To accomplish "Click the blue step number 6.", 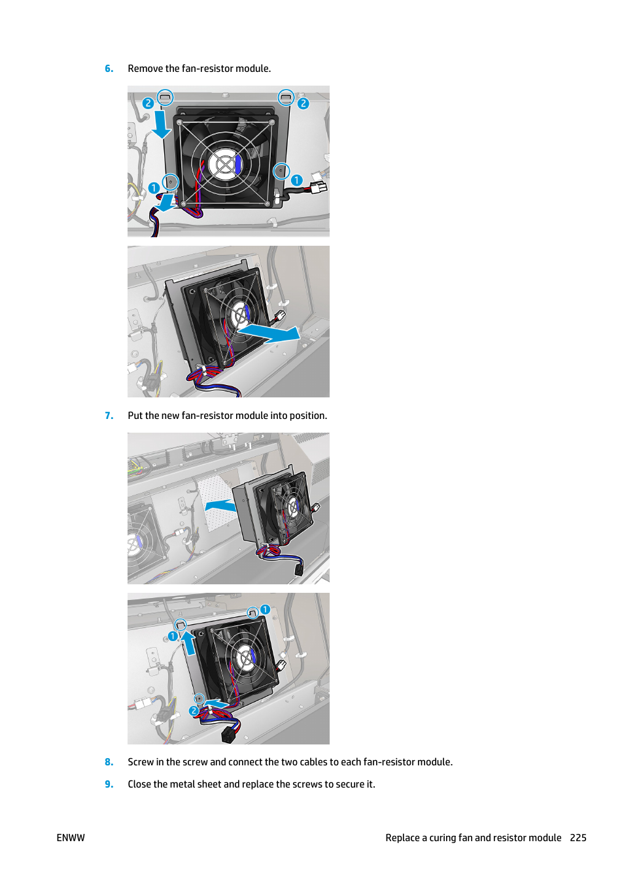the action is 109,69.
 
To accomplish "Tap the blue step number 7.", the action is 109,416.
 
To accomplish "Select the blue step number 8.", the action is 109,761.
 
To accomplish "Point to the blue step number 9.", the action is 109,784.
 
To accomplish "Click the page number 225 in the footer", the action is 578,838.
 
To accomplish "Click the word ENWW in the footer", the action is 71,838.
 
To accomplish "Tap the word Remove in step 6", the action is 145,69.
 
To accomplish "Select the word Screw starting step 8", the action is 141,761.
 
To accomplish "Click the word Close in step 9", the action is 139,784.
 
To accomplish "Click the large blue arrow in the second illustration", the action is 269,333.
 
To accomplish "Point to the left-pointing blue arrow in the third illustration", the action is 220,506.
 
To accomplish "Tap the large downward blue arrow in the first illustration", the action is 162,125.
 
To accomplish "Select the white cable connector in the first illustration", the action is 319,186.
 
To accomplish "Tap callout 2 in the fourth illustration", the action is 194,710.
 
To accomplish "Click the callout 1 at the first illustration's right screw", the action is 296,180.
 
